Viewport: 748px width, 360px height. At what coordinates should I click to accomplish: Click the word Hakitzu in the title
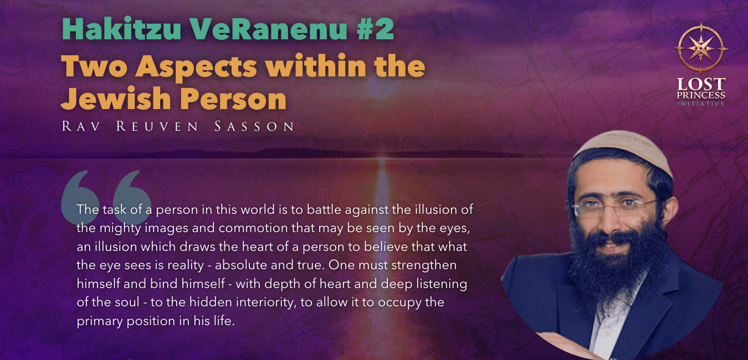tap(121, 29)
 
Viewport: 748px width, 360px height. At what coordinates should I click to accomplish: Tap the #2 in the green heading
tap(375, 29)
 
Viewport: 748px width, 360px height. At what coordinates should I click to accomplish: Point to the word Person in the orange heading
tap(235, 99)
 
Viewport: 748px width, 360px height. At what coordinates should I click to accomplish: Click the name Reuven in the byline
tap(157, 126)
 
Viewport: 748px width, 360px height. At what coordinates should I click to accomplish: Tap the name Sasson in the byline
tap(254, 126)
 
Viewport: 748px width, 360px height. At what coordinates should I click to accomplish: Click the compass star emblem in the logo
tap(701, 48)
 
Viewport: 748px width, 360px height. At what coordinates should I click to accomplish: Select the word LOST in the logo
tap(701, 84)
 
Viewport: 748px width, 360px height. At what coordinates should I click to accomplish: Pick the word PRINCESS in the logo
tap(701, 95)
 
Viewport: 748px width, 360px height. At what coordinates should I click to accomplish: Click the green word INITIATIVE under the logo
tap(701, 104)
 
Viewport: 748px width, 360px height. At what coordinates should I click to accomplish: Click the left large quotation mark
tap(80, 197)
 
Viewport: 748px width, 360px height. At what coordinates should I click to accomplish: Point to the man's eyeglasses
tap(614, 208)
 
